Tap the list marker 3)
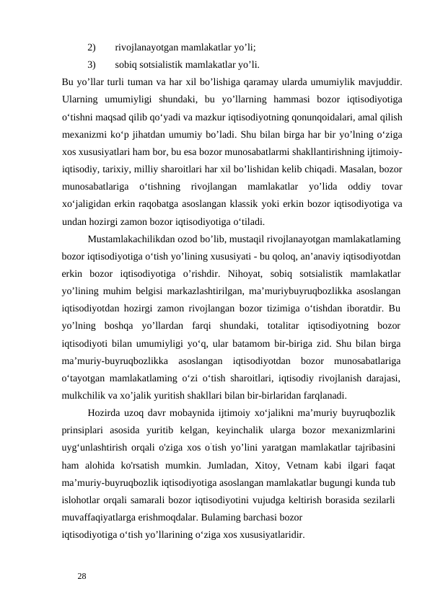(92, 64)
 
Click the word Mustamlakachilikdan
(136, 239)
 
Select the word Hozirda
(105, 413)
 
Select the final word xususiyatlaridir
(270, 535)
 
